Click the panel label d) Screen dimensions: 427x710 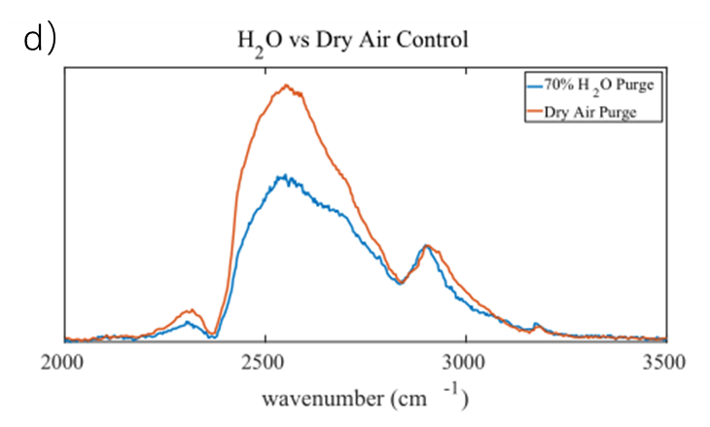tap(38, 40)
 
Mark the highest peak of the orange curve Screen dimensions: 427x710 tap(287, 86)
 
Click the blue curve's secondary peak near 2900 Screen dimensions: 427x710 tap(425, 247)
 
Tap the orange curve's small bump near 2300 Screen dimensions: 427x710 tap(191, 311)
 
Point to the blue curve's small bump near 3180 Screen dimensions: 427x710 tap(536, 325)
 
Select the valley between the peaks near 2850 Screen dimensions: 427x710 tap(401, 283)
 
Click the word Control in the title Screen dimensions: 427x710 tap(437, 42)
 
